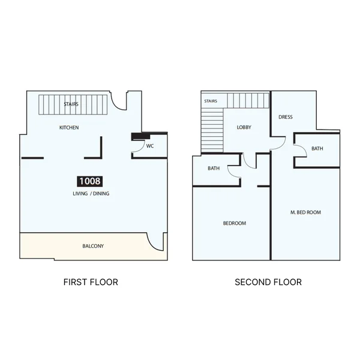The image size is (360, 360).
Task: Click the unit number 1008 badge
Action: tap(89, 181)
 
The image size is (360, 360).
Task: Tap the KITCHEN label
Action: tap(69, 127)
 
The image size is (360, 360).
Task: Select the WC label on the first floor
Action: tap(150, 146)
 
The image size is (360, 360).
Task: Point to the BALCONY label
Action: tap(93, 246)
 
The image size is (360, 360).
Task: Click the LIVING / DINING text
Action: tap(91, 194)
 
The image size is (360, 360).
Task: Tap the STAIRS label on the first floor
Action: tap(71, 104)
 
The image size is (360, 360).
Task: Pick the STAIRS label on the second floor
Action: tap(211, 101)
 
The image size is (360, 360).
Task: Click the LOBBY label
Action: tap(244, 127)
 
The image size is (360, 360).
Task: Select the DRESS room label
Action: tap(286, 117)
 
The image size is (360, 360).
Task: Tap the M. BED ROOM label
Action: tap(305, 212)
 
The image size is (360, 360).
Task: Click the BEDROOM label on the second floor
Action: tap(235, 223)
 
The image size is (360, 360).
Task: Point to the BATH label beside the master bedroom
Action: tap(317, 149)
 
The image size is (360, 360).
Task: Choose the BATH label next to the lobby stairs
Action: tap(214, 168)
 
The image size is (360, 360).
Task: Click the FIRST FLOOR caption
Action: tap(91, 282)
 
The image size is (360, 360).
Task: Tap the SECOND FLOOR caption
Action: tap(268, 282)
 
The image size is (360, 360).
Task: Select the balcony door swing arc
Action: tap(151, 244)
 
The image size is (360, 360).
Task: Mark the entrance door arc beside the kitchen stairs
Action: tap(115, 105)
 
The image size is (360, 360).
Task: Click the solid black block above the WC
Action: tap(140, 137)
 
